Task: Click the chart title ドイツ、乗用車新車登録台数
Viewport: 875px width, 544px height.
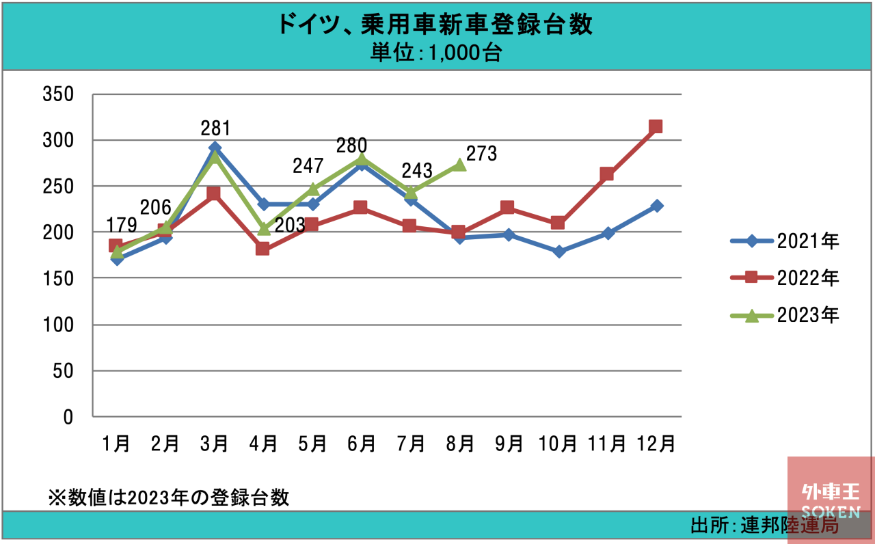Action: [435, 24]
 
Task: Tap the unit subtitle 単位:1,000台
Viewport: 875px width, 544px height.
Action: [436, 53]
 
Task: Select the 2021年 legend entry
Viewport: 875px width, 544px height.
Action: [785, 241]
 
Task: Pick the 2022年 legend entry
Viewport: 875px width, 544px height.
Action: [785, 277]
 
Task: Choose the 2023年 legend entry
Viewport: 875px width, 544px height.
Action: [785, 315]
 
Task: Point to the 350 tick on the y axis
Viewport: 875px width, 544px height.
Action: [58, 94]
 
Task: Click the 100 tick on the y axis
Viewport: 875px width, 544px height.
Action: [58, 325]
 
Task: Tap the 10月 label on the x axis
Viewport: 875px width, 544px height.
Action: [558, 444]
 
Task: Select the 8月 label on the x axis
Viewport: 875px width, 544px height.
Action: [460, 444]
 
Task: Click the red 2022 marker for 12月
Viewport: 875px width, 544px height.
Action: [655, 126]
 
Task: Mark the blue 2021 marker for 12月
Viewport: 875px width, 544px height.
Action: [657, 206]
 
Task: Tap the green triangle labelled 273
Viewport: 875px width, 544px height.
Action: [460, 165]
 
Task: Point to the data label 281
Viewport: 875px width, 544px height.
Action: [215, 128]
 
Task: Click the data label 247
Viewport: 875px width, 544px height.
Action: [308, 165]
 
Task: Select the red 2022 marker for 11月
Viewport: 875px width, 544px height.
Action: [606, 174]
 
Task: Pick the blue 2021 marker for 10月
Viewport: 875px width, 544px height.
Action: [559, 251]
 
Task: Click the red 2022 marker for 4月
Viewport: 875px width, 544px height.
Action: [262, 248]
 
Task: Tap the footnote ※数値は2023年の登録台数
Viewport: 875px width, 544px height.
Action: [168, 498]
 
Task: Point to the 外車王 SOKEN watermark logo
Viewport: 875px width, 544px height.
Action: [831, 500]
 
